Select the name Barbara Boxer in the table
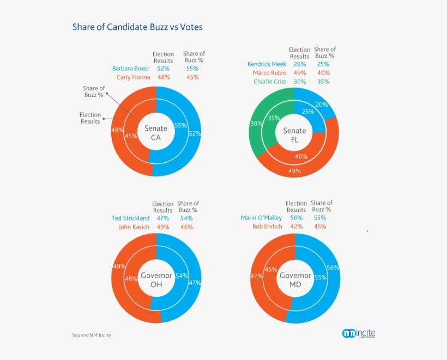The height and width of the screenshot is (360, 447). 131,69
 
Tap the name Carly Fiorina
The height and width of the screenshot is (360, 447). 133,77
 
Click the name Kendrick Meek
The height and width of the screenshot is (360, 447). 267,64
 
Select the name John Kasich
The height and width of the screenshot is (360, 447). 134,227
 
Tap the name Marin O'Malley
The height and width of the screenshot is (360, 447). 261,218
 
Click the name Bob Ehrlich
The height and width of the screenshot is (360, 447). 267,227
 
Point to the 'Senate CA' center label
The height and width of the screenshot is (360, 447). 156,133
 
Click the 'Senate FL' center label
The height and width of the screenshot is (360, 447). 294,135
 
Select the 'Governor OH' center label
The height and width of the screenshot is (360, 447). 156,279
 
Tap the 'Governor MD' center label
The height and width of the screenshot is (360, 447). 295,279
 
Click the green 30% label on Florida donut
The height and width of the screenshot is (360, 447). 255,124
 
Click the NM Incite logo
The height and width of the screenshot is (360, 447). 358,333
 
